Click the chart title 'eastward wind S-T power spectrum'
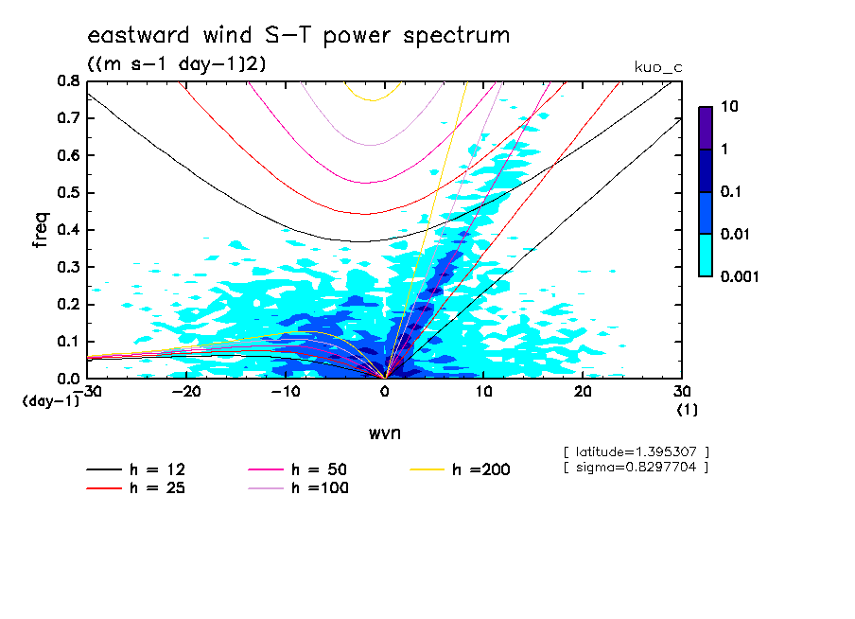(298, 36)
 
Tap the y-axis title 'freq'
(40, 229)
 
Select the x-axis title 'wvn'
(384, 433)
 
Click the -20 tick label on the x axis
(186, 392)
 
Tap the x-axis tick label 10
(483, 392)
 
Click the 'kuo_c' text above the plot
(657, 67)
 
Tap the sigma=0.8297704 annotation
(636, 467)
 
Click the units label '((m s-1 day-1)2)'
(177, 65)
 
